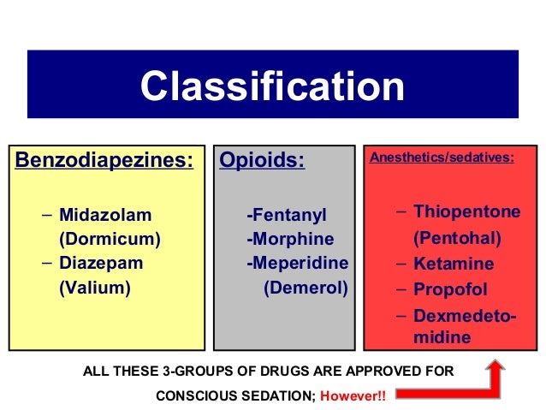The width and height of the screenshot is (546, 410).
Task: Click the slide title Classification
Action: (272, 86)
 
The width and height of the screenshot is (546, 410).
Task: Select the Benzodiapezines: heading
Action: (102, 160)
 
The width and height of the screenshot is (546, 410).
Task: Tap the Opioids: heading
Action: (262, 160)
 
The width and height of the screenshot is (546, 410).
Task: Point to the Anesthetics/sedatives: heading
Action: (442, 157)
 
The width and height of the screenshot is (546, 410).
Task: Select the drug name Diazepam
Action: (100, 263)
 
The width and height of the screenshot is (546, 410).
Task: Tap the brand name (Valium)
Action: (94, 288)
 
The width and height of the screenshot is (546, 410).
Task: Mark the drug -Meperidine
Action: (297, 263)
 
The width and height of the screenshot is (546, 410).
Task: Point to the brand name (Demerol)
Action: (306, 288)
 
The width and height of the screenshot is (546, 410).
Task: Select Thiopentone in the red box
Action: (466, 211)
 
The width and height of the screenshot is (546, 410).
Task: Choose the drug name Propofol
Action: (450, 289)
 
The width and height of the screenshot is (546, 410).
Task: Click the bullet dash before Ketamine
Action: (402, 263)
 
